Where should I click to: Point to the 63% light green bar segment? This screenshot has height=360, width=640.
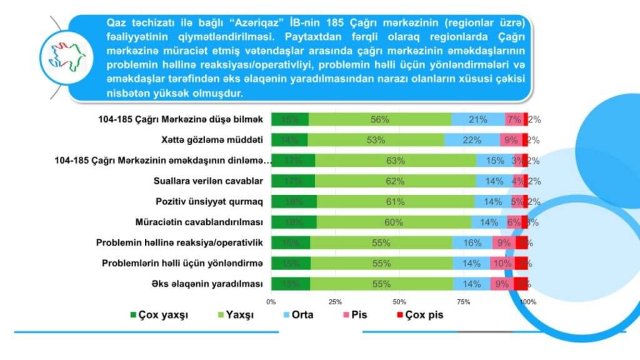[x=396, y=161]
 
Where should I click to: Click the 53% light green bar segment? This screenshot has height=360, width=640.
[x=376, y=140]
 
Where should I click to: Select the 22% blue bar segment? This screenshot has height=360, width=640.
[x=472, y=140]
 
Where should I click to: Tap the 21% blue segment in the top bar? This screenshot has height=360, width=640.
[x=478, y=119]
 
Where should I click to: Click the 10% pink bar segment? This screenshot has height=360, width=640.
[x=502, y=263]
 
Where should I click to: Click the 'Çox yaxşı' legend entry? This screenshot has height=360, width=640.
[x=157, y=315]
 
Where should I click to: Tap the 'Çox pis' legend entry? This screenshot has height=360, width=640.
[x=419, y=315]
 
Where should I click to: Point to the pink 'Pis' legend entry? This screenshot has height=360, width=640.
[x=355, y=315]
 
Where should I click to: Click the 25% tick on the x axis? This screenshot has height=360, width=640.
[x=336, y=302]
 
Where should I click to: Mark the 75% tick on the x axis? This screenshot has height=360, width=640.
[x=464, y=302]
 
